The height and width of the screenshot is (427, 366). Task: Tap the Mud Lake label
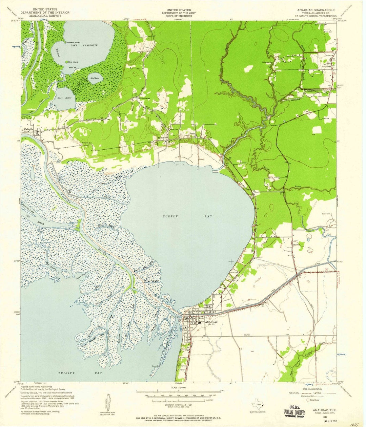click(95, 79)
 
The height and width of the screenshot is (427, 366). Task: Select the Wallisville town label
click(29, 129)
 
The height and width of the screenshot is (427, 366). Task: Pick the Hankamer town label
click(326, 67)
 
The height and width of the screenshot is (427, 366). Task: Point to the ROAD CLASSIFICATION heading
click(317, 389)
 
